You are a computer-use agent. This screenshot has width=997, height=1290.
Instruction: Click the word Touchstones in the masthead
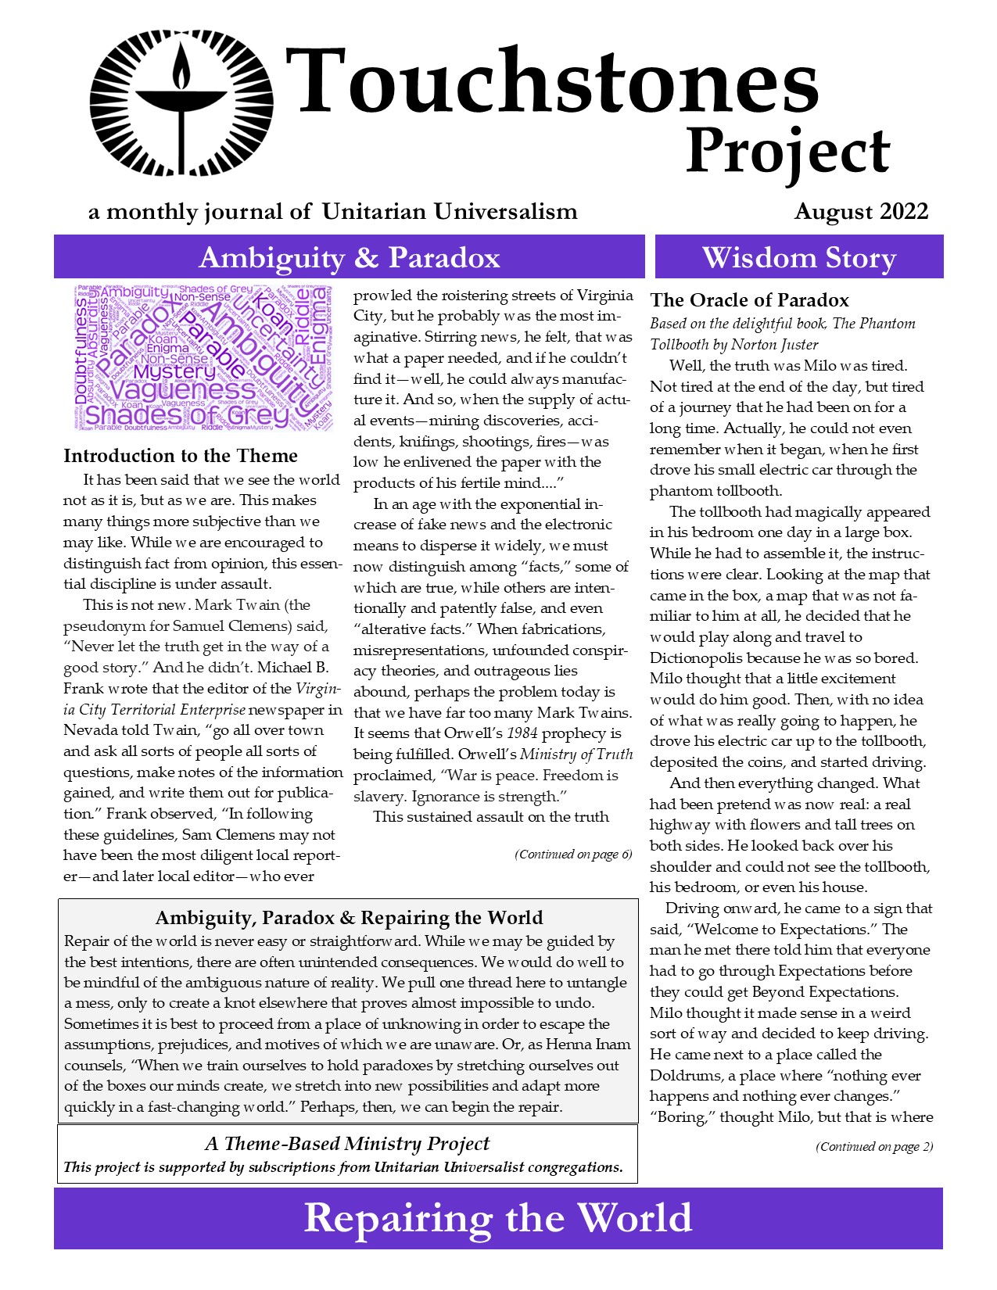[x=551, y=81]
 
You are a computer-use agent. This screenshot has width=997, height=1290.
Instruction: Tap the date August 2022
[x=861, y=211]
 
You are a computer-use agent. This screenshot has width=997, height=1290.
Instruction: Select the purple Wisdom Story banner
[x=798, y=257]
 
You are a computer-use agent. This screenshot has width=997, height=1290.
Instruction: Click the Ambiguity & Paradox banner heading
[x=349, y=257]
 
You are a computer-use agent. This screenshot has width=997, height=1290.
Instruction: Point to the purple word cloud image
[x=202, y=357]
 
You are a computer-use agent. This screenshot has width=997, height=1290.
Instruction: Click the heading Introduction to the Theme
[x=181, y=456]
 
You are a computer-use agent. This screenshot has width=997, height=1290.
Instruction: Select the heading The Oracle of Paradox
[x=749, y=300]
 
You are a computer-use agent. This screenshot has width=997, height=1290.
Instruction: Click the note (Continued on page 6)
[x=573, y=855]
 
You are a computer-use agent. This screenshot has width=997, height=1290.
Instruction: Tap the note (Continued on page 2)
[x=874, y=1147]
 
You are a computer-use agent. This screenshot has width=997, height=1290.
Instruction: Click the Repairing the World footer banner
[x=498, y=1218]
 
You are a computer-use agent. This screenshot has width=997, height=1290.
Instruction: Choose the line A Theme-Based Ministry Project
[x=347, y=1144]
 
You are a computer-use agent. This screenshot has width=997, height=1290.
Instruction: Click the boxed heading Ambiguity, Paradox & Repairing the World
[x=349, y=918]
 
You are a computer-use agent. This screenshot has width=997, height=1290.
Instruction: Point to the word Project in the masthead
[x=787, y=152]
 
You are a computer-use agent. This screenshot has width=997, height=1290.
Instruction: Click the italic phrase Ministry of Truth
[x=576, y=754]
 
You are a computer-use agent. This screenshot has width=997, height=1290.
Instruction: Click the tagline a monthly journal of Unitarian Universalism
[x=333, y=212]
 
